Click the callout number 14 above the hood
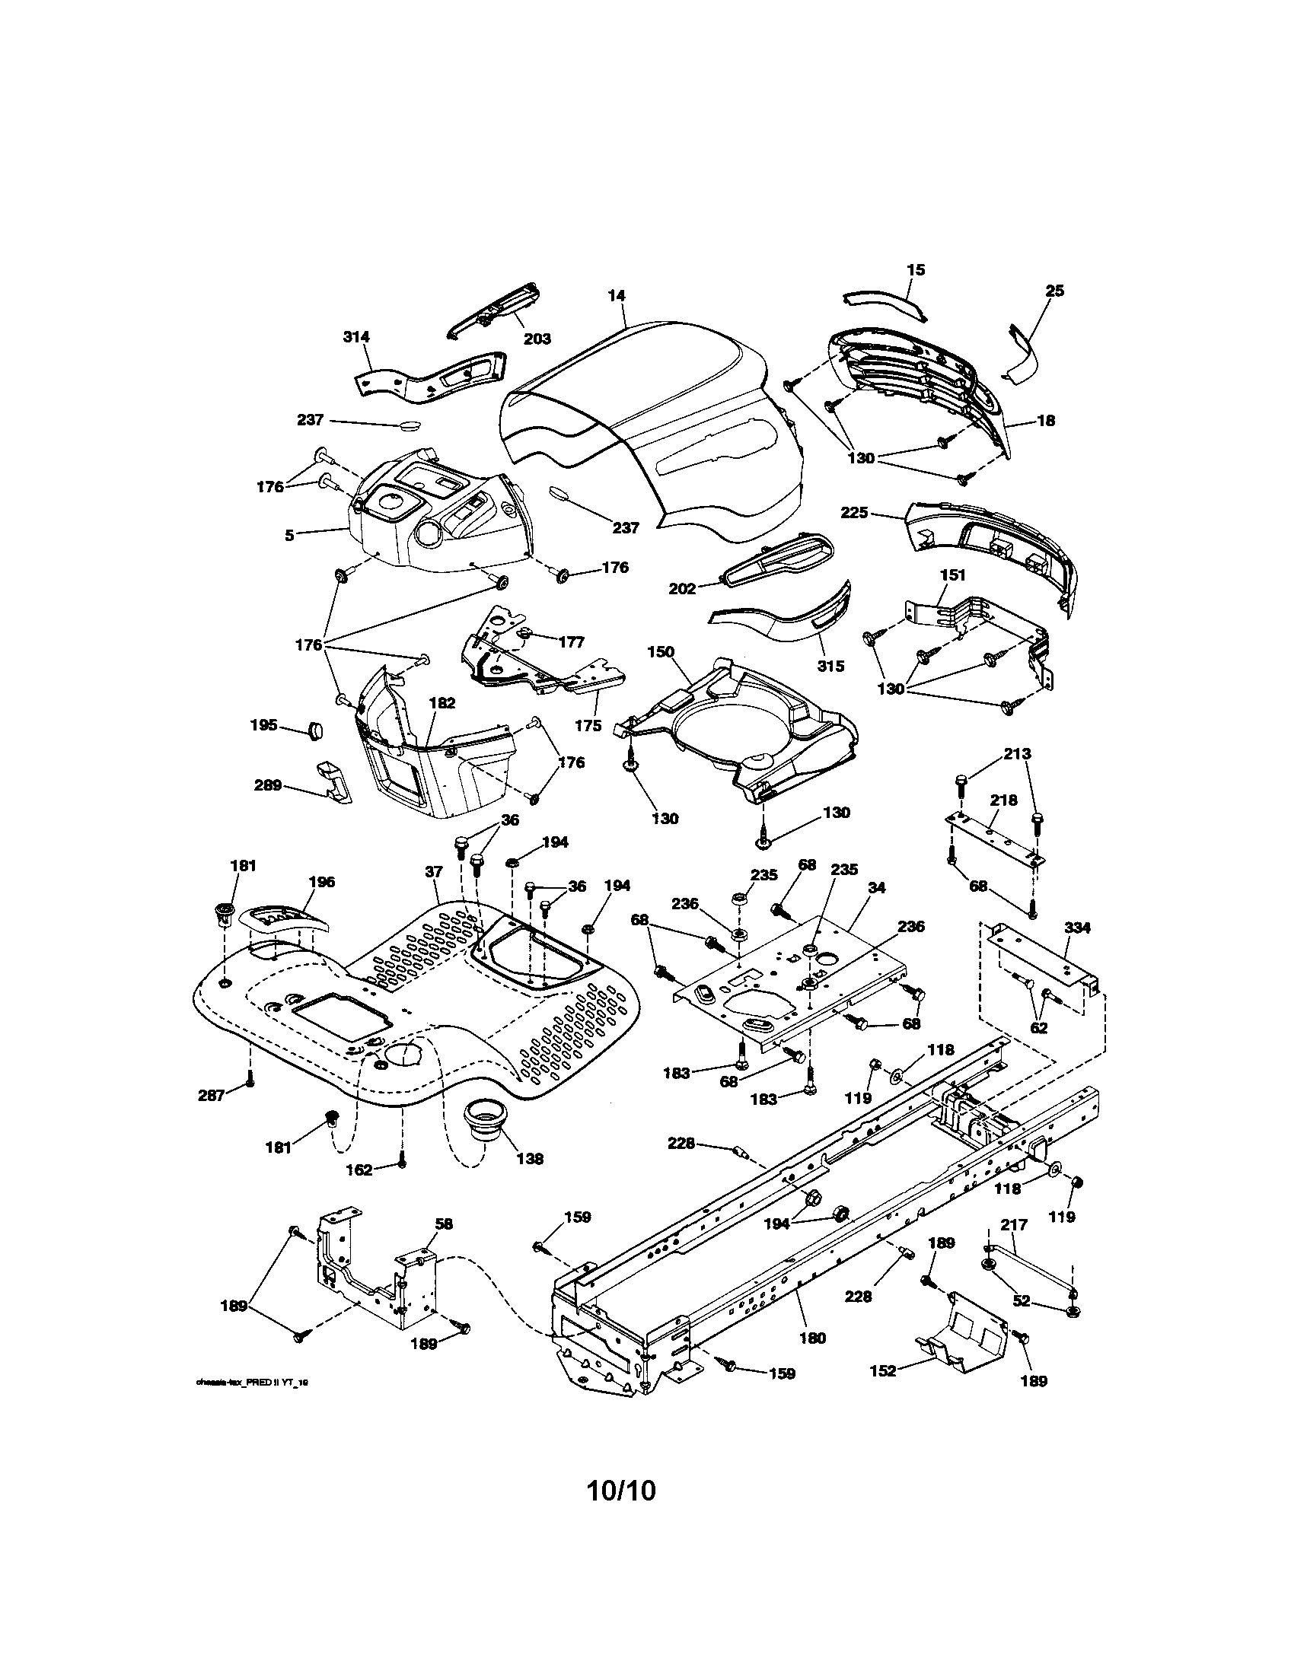pos(617,295)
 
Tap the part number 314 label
pos(356,336)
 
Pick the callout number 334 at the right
pos(1078,928)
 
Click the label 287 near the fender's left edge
pos(211,1095)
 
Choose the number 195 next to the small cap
pos(263,724)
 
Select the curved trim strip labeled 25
pos(1024,352)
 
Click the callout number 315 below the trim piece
pos(830,665)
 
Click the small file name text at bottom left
pos(252,1382)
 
